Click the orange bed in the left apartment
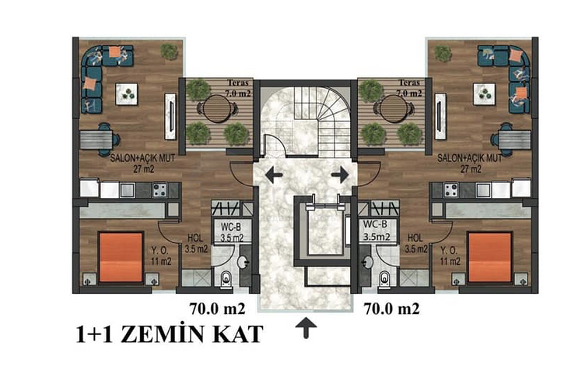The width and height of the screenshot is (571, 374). (x=121, y=257)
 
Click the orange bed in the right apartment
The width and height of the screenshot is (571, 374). (x=490, y=257)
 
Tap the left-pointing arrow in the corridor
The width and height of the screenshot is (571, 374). (x=274, y=175)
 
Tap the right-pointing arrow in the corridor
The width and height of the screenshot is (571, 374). (x=340, y=175)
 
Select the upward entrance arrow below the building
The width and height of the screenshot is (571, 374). (x=306, y=328)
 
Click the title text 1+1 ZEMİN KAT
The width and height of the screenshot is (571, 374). (x=170, y=333)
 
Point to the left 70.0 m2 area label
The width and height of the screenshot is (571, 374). (x=217, y=309)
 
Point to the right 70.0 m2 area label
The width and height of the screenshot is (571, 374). (x=392, y=309)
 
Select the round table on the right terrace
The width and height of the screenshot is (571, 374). (x=393, y=109)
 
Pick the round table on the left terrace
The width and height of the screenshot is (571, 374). (x=217, y=109)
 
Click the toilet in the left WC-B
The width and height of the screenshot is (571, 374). (x=226, y=279)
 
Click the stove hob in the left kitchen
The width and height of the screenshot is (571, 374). (x=159, y=190)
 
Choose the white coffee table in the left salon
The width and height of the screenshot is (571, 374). (x=126, y=94)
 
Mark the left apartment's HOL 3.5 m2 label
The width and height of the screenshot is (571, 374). (x=196, y=243)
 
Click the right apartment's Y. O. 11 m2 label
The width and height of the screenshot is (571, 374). (x=450, y=256)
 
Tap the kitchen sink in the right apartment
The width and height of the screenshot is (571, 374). (x=483, y=190)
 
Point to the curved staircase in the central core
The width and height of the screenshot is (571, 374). (x=328, y=121)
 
